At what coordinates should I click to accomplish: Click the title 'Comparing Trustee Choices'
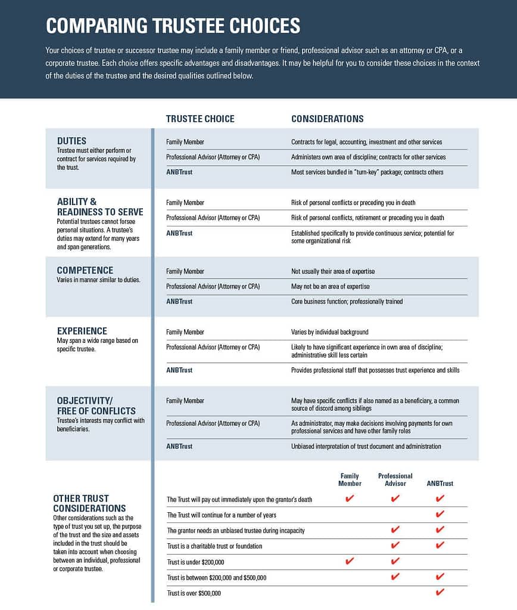[173, 26]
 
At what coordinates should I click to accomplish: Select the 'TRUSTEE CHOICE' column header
[200, 119]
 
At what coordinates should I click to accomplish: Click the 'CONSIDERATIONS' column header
[327, 119]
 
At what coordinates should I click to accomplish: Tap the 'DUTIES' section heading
[71, 141]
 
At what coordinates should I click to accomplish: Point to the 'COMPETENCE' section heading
[85, 270]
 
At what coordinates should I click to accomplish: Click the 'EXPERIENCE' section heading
[82, 331]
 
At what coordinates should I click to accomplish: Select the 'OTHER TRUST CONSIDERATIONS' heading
[89, 503]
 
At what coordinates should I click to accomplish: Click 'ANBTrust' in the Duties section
[179, 172]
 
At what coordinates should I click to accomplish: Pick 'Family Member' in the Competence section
[185, 271]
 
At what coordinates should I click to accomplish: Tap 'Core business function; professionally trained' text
[347, 302]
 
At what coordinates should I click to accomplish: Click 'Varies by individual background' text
[329, 332]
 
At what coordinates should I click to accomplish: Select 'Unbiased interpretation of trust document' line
[366, 446]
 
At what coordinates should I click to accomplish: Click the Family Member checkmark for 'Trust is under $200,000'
[350, 561]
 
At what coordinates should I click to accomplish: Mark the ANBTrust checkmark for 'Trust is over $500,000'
[440, 593]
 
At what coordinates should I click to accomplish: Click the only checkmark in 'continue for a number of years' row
[440, 514]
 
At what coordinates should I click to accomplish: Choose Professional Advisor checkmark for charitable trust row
[395, 545]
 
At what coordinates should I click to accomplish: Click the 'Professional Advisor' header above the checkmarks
[395, 479]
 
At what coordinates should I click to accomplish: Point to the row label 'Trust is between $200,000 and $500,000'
[216, 578]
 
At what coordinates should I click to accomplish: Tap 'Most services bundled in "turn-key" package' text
[367, 172]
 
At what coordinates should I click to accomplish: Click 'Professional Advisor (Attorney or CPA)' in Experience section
[213, 347]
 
